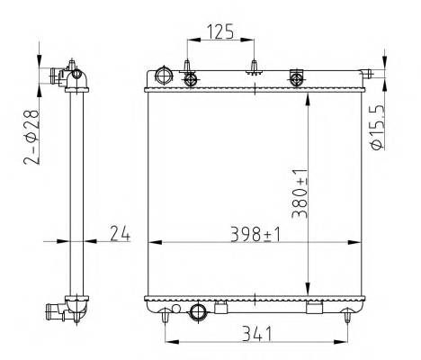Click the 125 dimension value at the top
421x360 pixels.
point(220,32)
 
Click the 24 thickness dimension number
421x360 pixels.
point(120,234)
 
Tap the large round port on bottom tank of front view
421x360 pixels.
point(199,313)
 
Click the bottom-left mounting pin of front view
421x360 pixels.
point(165,314)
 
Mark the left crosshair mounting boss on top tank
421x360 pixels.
point(190,79)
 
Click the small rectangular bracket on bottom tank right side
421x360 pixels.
point(313,309)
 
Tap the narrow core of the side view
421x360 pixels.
point(76,189)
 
